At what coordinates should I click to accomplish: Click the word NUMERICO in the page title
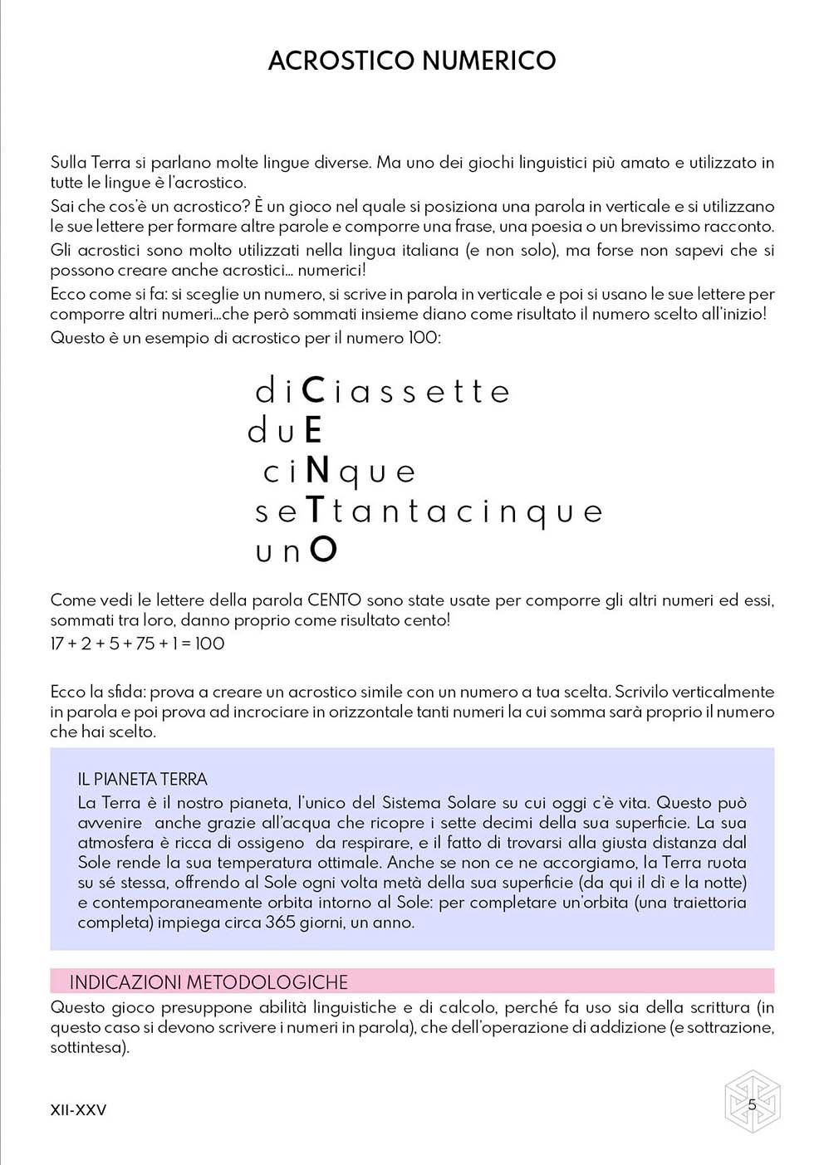pos(488,61)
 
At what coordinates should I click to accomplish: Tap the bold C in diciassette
pos(313,390)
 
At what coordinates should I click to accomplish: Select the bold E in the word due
pos(313,430)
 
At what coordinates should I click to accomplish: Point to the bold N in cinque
pos(317,470)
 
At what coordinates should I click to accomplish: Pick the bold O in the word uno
pos(323,550)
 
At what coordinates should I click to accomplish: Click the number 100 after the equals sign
pos(209,644)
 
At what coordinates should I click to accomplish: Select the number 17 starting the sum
pos(57,644)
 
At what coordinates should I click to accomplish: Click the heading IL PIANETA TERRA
pos(142,779)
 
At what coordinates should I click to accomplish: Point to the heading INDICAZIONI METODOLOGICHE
pos(208,982)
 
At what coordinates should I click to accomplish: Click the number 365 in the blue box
pos(280,923)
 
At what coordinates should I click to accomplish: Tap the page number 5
pos(752,1104)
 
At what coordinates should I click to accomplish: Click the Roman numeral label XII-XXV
pos(78,1110)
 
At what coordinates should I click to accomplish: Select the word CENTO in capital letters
pos(334,600)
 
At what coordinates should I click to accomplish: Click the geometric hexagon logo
pos(752,1102)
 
